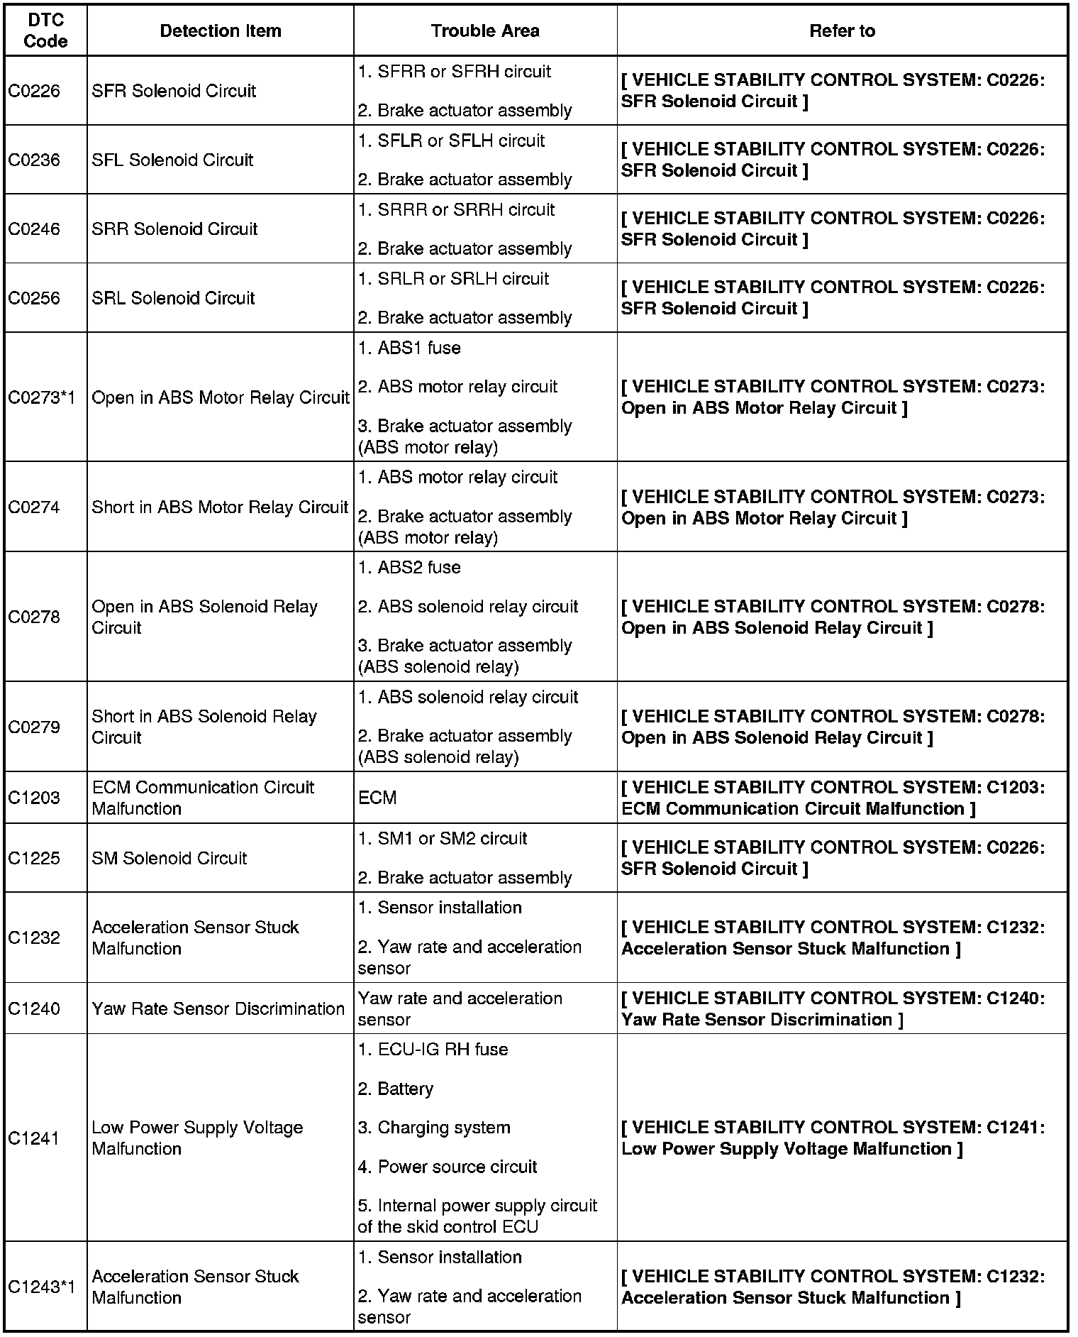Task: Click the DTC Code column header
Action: coord(45,31)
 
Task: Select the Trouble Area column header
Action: coord(485,31)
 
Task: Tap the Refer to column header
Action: coord(842,31)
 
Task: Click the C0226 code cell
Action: coord(34,91)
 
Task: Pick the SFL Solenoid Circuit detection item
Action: coord(172,160)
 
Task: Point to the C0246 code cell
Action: coord(34,229)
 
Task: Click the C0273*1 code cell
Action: coord(41,397)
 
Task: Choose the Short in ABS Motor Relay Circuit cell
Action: coord(220,507)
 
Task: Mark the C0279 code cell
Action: coord(34,727)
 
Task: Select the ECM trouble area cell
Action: coord(377,798)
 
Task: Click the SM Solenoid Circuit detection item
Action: coord(170,859)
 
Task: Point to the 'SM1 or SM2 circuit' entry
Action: coord(443,839)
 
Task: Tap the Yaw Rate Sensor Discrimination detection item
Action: coord(218,1009)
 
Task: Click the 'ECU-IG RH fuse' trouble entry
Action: coord(433,1050)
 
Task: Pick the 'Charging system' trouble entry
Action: coord(434,1128)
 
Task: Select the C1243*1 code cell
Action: coord(41,1287)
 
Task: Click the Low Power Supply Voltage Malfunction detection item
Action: coord(197,1138)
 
